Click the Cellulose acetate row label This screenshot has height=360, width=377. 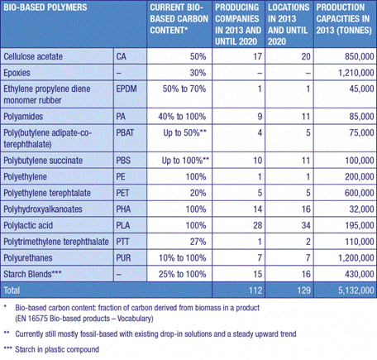33,56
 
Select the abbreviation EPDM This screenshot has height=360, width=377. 126,89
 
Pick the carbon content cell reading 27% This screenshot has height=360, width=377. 198,242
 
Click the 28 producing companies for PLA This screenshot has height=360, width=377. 258,225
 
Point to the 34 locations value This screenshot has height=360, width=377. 306,225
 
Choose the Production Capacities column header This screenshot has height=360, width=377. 344,19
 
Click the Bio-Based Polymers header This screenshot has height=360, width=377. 45,7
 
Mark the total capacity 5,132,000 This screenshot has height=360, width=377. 356,290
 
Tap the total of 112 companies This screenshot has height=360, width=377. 255,290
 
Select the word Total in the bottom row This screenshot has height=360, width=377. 12,290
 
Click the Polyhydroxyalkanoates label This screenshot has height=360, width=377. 43,209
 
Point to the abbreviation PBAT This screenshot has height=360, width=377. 125,132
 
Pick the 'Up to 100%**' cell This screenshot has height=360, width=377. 185,161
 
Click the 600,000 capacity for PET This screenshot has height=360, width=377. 360,193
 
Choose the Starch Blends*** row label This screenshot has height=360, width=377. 32,274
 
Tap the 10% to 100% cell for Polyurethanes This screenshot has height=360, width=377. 183,258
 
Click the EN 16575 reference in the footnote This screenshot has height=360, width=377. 33,319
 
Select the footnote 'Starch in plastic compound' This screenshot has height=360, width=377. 57,349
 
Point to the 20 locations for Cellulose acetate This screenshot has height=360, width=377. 306,56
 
